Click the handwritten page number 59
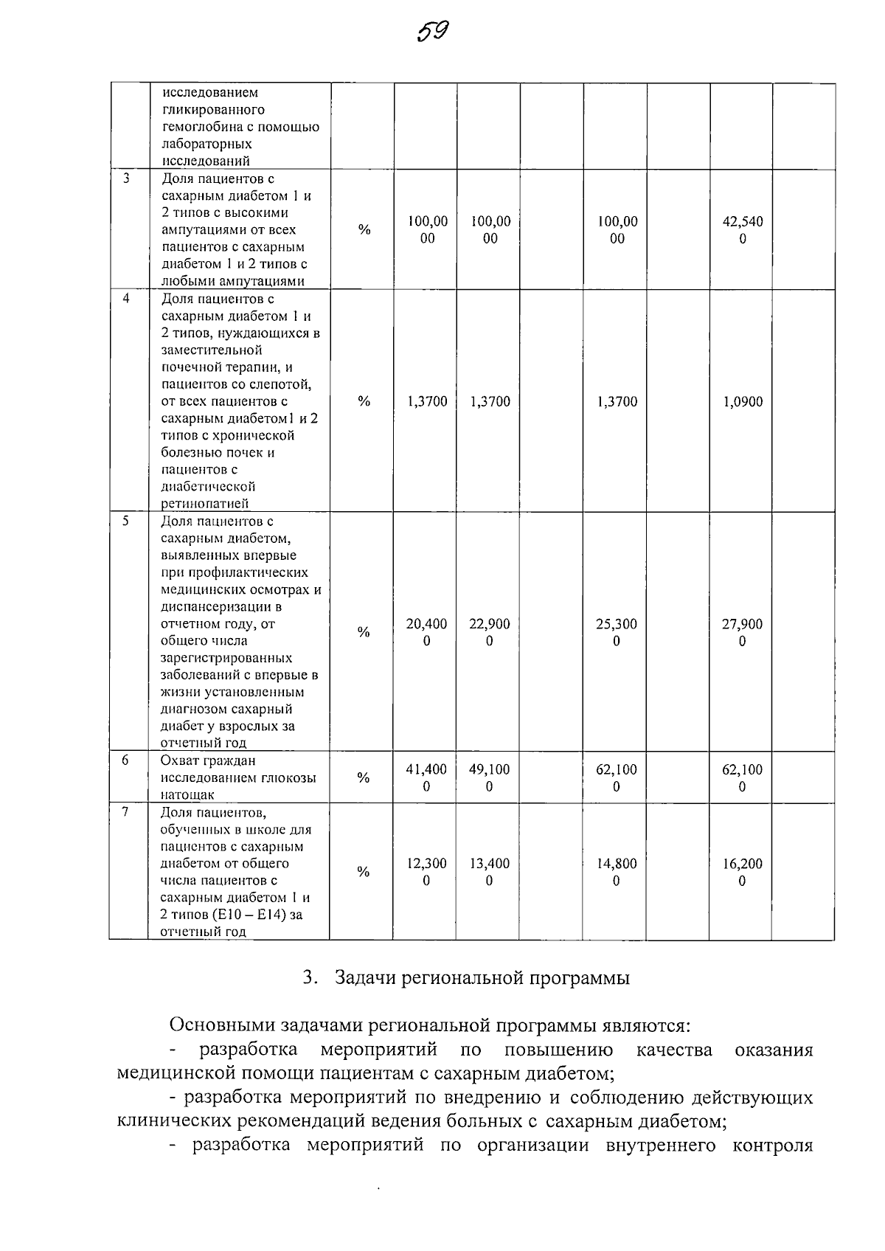point(433,32)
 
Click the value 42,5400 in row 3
point(743,230)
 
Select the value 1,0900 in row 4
point(743,402)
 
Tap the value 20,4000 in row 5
point(426,632)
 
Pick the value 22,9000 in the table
point(490,632)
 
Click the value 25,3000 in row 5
point(617,632)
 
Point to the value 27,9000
point(743,632)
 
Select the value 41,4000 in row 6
point(426,777)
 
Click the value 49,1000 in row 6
point(490,777)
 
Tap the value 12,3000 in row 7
point(426,872)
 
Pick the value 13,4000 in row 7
point(490,872)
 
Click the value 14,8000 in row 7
point(617,872)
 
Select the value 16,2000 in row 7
point(743,872)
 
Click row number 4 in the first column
point(126,299)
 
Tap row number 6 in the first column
point(126,760)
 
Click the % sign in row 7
point(363,872)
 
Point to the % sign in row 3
point(364,230)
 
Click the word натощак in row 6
point(188,794)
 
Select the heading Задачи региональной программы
point(482,978)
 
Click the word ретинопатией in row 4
point(205,504)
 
